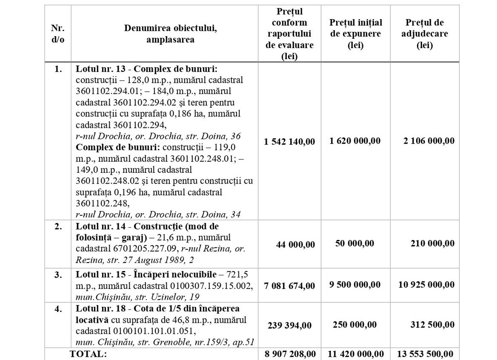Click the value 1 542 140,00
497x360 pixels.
click(289, 141)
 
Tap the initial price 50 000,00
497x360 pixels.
click(355, 243)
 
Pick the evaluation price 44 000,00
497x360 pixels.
click(295, 244)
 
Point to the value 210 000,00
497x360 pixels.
click(432, 243)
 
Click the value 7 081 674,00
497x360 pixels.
click(289, 286)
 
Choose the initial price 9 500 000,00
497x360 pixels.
click(355, 285)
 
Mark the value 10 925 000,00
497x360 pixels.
click(426, 285)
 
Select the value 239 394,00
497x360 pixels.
click(289, 325)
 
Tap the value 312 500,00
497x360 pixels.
click(432, 325)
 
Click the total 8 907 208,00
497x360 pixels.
click(289, 354)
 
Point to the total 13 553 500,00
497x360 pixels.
click(425, 354)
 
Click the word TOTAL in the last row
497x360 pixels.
click(87, 354)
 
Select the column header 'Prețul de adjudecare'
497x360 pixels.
click(424, 34)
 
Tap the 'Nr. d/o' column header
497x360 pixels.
click(58, 34)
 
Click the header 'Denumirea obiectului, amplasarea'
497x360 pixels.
click(165, 34)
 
